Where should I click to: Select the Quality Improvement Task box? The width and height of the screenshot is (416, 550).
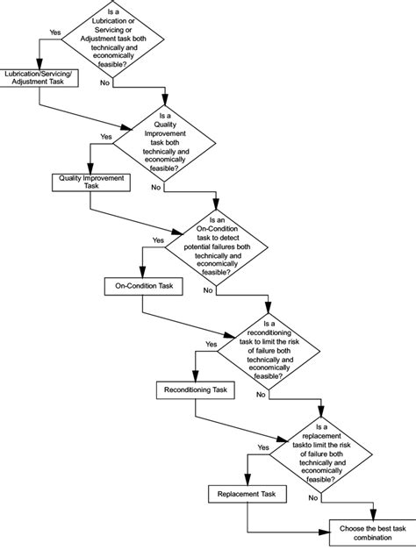pos(91,182)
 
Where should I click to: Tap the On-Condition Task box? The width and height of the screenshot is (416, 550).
pos(143,286)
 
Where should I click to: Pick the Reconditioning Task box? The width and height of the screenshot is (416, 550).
pos(196,389)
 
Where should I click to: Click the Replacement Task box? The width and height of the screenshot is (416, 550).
pos(247,493)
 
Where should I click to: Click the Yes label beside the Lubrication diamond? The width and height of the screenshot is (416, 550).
pos(55,32)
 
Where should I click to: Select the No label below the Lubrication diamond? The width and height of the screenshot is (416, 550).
pos(105,82)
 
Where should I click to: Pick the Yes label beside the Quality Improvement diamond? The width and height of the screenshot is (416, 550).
pos(106,136)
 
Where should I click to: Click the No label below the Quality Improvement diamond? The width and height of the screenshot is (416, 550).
pos(156,187)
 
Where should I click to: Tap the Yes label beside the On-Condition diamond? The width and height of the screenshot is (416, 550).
pos(158,239)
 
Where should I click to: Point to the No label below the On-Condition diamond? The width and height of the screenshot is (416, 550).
pos(209,290)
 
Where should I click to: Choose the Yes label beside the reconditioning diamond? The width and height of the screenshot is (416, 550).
pos(211,344)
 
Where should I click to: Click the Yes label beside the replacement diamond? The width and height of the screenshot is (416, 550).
pos(263,447)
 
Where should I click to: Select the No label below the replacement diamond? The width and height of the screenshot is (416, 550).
pos(312,497)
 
